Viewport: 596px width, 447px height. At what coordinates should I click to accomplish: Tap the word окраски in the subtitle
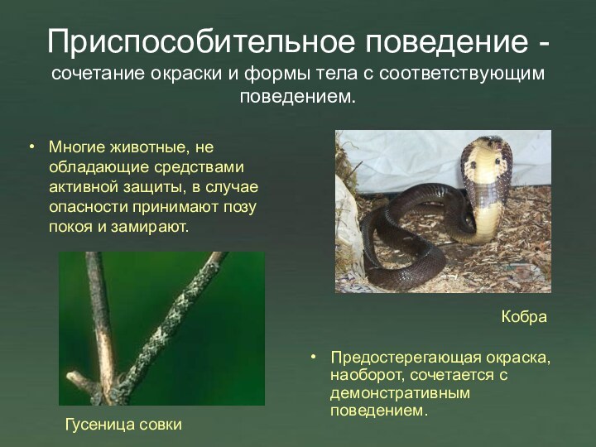point(187,74)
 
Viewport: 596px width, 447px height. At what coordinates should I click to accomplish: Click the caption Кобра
point(524,317)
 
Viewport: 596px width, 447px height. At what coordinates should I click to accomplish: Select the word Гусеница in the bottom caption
point(100,424)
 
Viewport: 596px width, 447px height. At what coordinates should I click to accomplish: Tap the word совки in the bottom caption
point(160,424)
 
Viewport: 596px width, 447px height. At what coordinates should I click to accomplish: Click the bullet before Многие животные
point(32,148)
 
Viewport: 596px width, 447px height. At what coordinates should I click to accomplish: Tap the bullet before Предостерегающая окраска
point(314,358)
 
